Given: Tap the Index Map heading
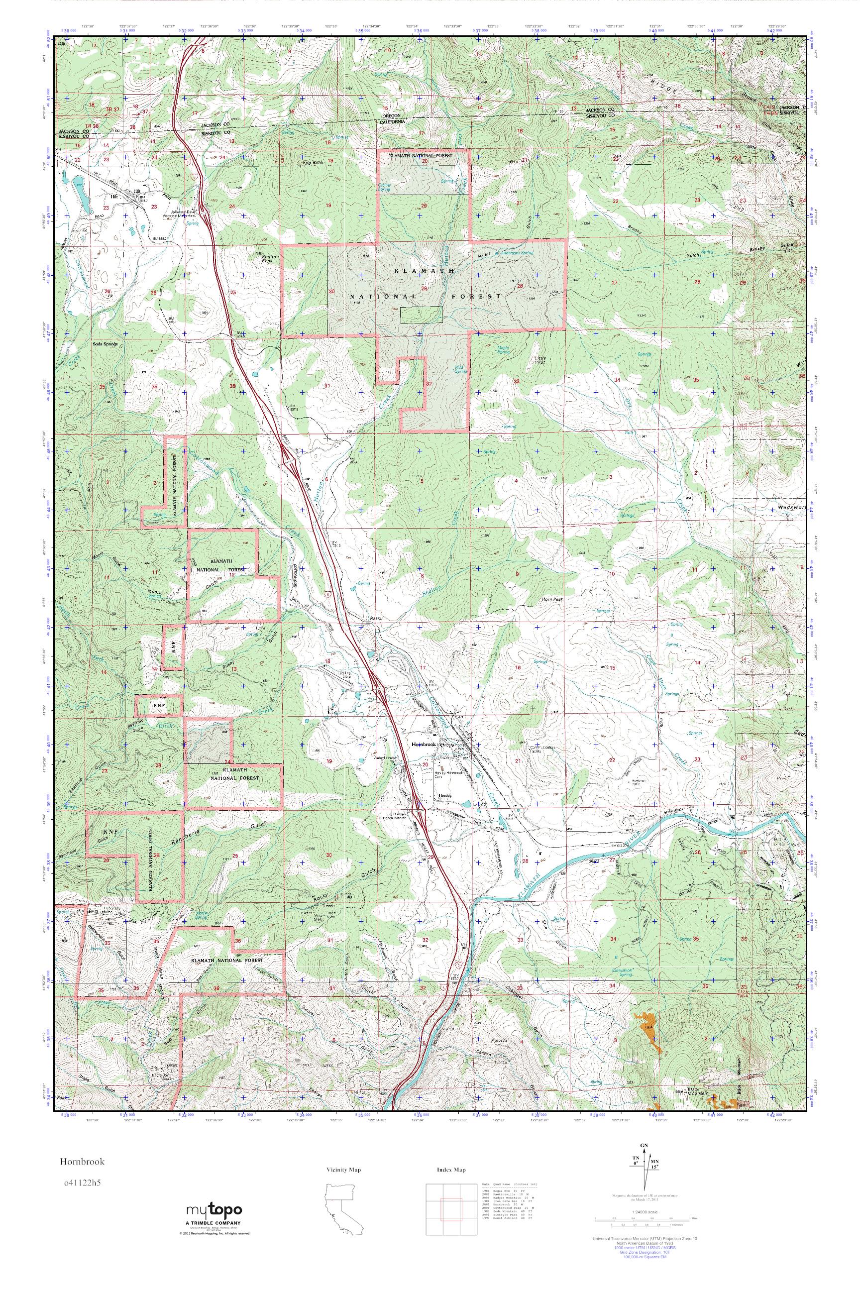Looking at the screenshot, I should coord(451,1169).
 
